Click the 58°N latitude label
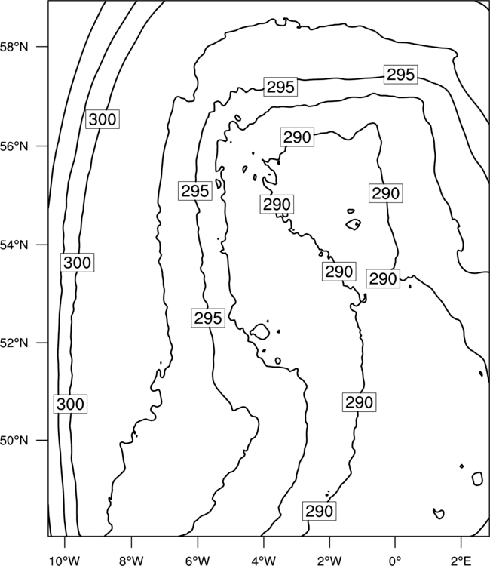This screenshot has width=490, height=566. tap(14, 47)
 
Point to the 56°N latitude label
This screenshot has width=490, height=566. tap(14, 146)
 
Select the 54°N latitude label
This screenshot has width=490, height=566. tap(14, 245)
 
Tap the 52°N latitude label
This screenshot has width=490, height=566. tap(14, 343)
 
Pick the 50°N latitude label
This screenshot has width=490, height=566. tap(14, 441)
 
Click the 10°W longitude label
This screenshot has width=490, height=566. tap(65, 561)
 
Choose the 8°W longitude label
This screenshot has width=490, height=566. tap(131, 561)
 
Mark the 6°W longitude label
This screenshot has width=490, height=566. tap(198, 561)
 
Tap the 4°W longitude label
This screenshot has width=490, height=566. tap(264, 561)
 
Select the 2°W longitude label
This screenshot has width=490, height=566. tap(329, 561)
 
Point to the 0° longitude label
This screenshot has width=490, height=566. tap(395, 561)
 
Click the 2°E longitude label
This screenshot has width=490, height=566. tap(461, 561)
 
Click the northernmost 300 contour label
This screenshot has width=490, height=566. tap(103, 119)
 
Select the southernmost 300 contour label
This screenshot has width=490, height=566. tap(70, 404)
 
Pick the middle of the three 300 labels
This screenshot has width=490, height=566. tap(77, 263)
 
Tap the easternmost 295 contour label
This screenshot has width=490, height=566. tap(400, 75)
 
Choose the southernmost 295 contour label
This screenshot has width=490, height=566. tap(208, 318)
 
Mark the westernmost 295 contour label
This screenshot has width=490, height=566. tap(195, 191)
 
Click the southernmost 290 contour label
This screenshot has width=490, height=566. tap(319, 511)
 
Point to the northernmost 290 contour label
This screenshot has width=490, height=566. tap(297, 137)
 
